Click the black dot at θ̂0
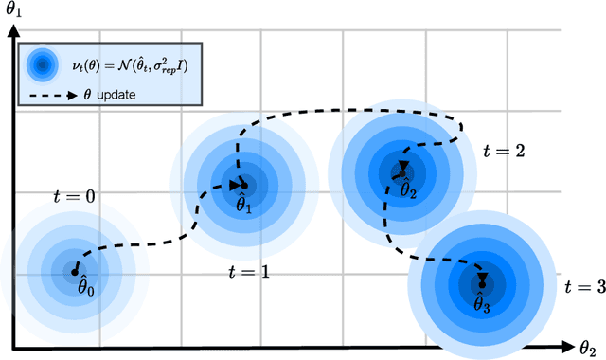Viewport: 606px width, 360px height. (x=75, y=272)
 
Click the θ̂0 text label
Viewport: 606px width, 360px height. (x=88, y=285)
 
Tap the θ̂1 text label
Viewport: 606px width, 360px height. (x=243, y=203)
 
